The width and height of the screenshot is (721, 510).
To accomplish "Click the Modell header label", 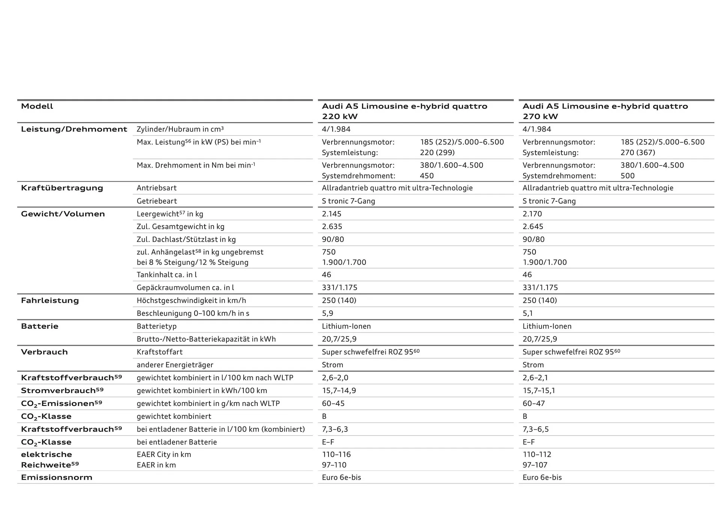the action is (37, 106).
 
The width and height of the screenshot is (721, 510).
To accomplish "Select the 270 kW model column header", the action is (605, 111).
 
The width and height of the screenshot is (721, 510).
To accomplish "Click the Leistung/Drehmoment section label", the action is (74, 129).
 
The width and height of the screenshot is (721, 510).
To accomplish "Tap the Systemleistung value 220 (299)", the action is (437, 153).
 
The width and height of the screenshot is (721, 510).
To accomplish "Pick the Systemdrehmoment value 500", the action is (627, 176).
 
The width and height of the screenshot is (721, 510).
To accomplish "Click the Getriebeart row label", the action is (157, 201).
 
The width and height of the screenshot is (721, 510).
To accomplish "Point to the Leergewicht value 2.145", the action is (332, 214).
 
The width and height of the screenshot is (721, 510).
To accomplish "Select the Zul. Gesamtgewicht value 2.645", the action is (533, 227).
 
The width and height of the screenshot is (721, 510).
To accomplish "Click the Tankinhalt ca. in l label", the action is (167, 275).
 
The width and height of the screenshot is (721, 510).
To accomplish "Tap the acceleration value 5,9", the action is (327, 313).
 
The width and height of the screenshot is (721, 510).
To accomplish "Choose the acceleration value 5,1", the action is (528, 313).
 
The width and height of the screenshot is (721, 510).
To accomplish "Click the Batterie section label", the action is (40, 326).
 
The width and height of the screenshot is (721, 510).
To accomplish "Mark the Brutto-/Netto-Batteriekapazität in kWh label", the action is (206, 339).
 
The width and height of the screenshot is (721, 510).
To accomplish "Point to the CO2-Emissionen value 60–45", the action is (333, 404).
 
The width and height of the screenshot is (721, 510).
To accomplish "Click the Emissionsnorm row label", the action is (57, 478).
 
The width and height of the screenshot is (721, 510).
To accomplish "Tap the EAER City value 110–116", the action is (336, 454).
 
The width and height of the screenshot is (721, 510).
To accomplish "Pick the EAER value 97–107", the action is (535, 465).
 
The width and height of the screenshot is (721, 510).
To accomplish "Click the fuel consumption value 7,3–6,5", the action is (535, 429).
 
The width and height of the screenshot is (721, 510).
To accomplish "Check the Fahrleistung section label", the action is (50, 300).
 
